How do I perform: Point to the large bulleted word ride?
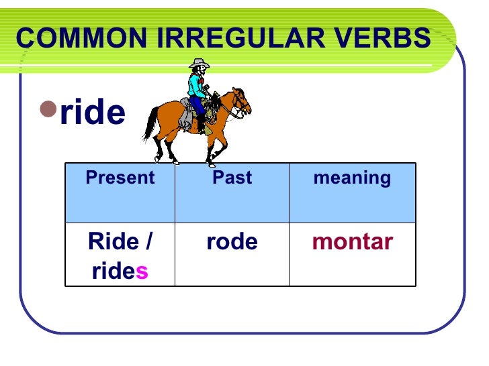[x=93, y=113]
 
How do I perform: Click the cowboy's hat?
[x=199, y=64]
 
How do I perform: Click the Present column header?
[x=120, y=178]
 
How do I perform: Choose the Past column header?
[x=232, y=178]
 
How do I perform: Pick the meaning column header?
[x=352, y=178]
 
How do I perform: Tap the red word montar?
[x=352, y=242]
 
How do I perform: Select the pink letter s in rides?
[x=142, y=272]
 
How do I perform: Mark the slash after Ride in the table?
[x=148, y=242]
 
